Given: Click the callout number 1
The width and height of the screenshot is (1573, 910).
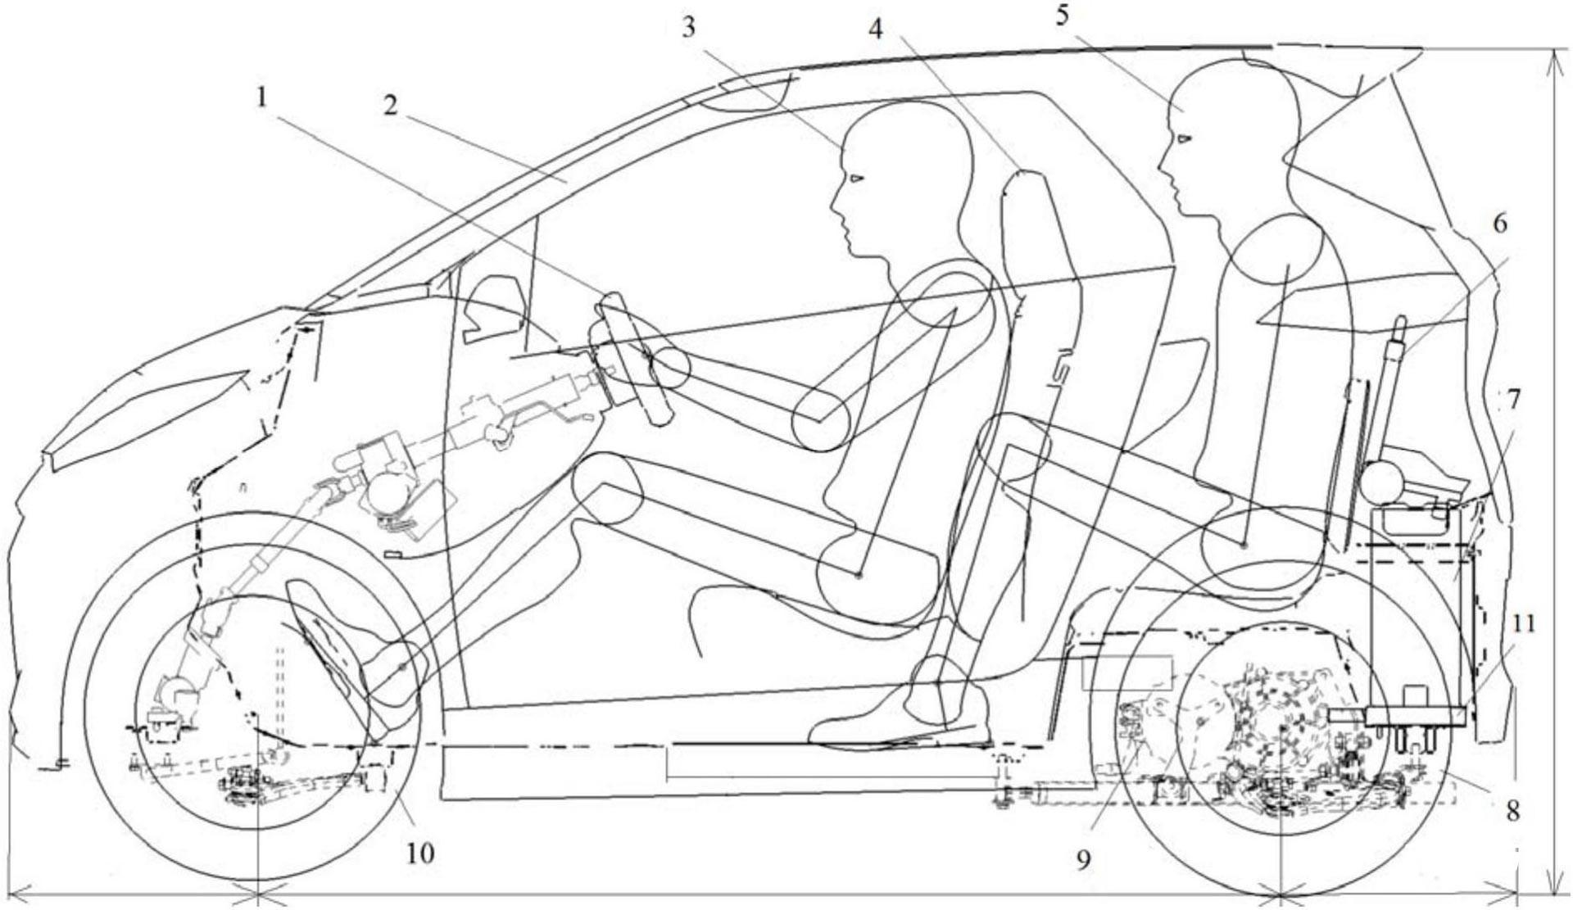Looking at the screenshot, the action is point(261,98).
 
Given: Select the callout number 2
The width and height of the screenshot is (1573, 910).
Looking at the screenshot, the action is point(390,106).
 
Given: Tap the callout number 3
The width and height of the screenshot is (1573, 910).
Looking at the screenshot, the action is point(688,27).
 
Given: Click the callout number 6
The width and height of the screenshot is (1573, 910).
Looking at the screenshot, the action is point(1499,223).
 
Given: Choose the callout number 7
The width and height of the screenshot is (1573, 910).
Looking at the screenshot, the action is point(1512,400).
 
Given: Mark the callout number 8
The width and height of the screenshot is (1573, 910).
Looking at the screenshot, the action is point(1512,811).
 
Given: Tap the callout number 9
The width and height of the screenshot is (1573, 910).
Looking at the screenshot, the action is point(1084,860).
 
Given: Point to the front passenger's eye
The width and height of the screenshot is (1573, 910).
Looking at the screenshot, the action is point(856,179).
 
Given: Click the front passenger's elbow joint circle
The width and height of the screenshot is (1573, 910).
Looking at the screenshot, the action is point(820,419).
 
